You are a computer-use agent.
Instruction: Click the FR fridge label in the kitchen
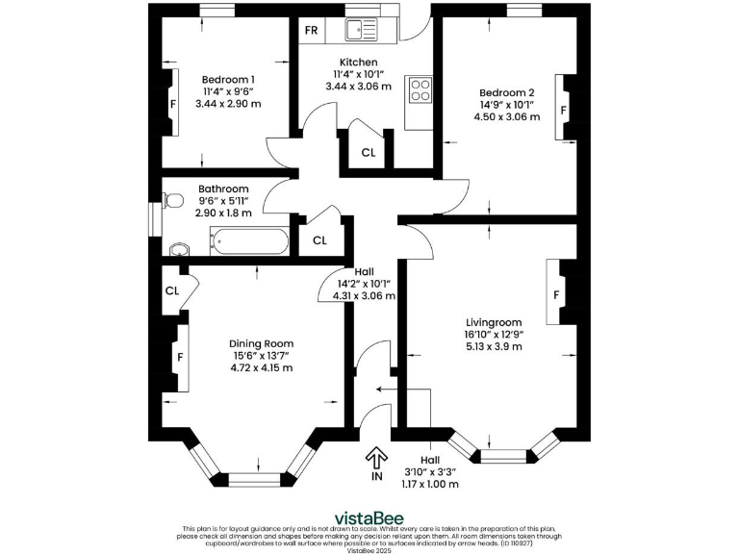tap(311, 30)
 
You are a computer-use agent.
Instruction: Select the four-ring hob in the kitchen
tap(420, 90)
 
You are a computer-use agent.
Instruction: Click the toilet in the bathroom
tap(172, 201)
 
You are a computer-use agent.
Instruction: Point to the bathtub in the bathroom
tap(249, 241)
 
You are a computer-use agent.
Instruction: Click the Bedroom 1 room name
tap(228, 80)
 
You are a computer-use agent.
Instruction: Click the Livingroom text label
tap(493, 322)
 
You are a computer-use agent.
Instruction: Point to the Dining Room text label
tap(261, 343)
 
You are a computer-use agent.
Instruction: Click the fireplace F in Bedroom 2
tap(564, 110)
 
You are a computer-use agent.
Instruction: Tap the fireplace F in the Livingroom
tap(555, 293)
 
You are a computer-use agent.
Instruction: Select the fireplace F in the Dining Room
tap(179, 359)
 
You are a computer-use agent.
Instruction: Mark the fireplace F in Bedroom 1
tap(173, 103)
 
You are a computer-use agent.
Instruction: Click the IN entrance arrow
tap(376, 459)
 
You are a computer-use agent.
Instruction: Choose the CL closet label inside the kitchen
tap(369, 153)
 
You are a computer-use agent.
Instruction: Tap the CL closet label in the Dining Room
tap(172, 290)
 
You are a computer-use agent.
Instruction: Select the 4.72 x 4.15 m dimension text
tap(261, 367)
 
